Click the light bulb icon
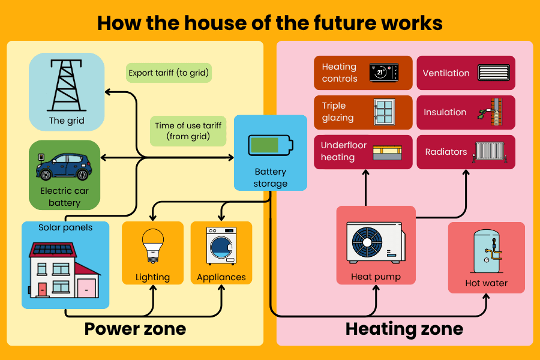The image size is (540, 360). (152, 245)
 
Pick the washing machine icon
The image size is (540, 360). (221, 245)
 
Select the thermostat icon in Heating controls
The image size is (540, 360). (382, 73)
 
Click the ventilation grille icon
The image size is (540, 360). (493, 73)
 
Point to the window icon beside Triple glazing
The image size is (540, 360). (383, 112)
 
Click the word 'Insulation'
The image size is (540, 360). (445, 112)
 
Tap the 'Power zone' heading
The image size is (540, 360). (135, 329)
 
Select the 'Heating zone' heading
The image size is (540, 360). (404, 329)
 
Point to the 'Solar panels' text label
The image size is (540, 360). (65, 228)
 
